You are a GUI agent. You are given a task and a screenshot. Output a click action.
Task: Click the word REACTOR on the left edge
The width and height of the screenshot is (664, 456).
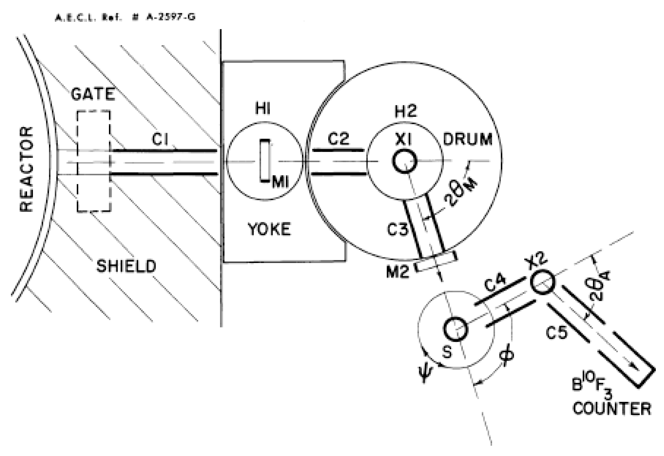tap(26, 169)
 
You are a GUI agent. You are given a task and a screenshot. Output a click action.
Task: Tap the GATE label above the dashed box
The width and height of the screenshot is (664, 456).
tap(93, 94)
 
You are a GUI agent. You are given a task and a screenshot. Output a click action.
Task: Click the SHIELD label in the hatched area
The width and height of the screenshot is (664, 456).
tap(126, 266)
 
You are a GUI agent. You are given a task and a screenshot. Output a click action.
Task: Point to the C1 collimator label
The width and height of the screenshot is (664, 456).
tap(160, 140)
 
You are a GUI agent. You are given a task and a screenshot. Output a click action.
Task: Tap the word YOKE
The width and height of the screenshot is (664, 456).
tap(269, 229)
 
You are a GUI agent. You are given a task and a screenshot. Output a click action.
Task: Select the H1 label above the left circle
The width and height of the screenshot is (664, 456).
tap(263, 109)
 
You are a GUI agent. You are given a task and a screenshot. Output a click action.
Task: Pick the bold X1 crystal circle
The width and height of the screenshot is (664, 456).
tap(404, 162)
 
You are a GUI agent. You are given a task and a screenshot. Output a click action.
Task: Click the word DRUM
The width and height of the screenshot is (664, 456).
tap(467, 140)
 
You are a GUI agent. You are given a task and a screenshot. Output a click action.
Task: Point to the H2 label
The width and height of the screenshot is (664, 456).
tap(406, 111)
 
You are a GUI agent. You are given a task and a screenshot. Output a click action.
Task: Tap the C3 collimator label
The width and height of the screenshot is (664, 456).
tap(397, 229)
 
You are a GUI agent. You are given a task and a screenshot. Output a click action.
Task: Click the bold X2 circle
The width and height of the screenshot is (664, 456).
tap(543, 282)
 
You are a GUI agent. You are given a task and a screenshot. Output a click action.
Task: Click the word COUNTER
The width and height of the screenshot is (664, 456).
tap(612, 409)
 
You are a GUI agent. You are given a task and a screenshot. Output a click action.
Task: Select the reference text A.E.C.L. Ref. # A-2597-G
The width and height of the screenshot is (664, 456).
tap(125, 17)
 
